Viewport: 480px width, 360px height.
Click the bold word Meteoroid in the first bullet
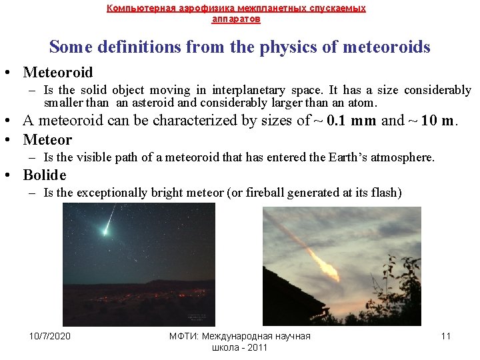(x=57, y=72)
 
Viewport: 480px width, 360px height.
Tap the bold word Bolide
(x=45, y=175)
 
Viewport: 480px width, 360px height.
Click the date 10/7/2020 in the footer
(x=50, y=336)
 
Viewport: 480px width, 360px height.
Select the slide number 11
(x=446, y=336)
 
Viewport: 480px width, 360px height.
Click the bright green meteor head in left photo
(x=105, y=231)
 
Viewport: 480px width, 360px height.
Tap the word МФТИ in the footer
(x=180, y=336)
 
